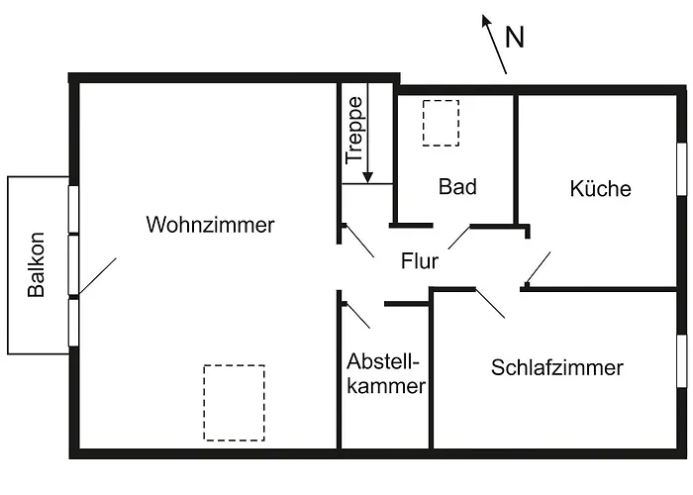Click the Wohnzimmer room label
210,225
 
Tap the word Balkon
37,264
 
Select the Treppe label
354,129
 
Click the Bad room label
458,186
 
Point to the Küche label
600,188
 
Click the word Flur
419,261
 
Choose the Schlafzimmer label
557,368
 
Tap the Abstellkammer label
386,373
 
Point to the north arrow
494,44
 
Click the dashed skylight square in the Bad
441,123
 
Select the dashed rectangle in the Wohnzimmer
234,403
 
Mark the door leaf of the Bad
458,237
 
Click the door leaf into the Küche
537,268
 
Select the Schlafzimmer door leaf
490,303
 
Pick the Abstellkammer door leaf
356,314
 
